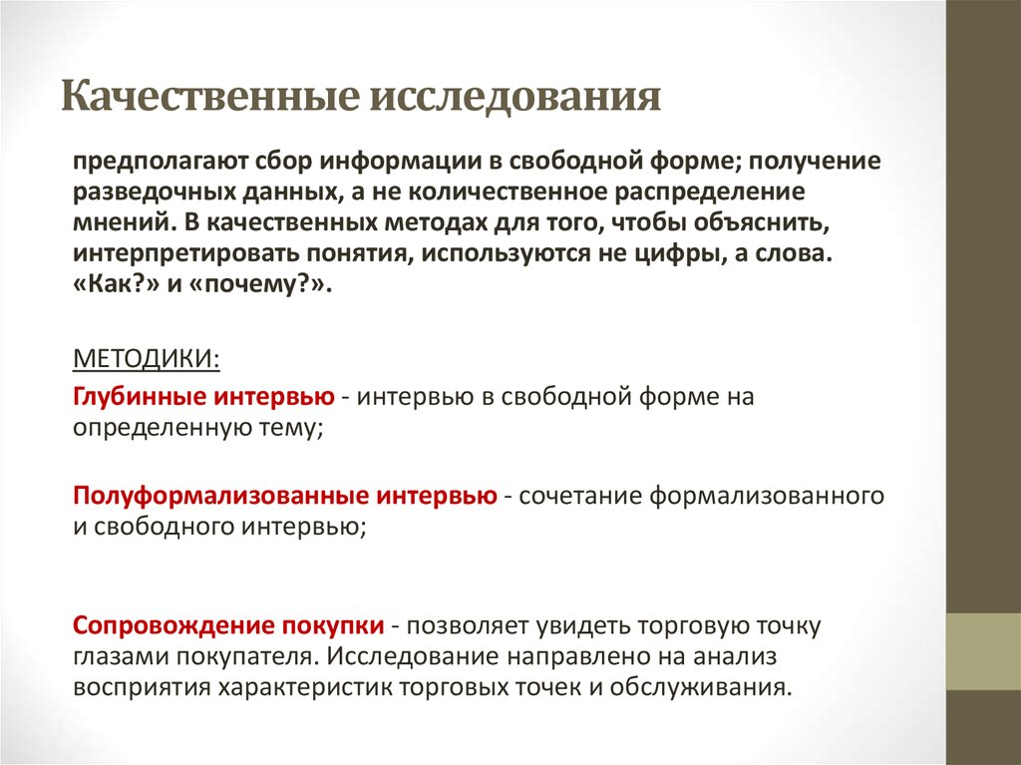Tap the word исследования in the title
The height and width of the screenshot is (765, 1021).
515,100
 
